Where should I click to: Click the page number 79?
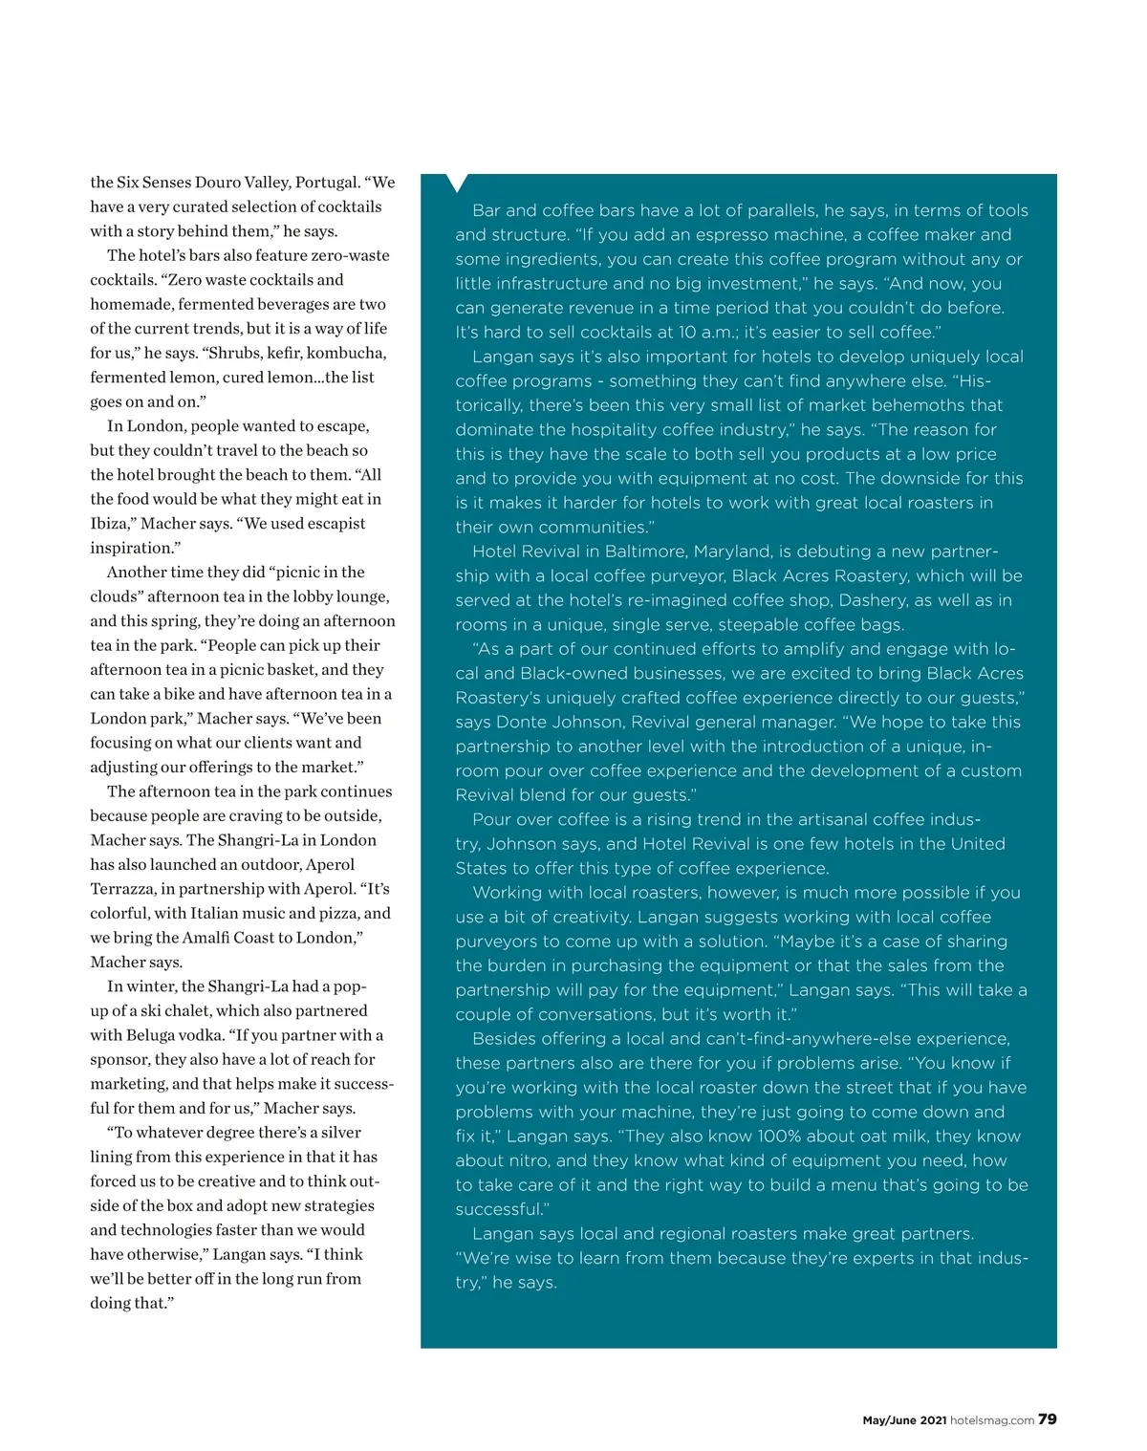[x=1048, y=1419]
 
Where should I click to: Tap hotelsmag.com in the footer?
[x=992, y=1420]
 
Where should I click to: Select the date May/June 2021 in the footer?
[x=904, y=1420]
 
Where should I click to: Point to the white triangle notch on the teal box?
[x=458, y=183]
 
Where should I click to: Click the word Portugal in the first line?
[x=327, y=183]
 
